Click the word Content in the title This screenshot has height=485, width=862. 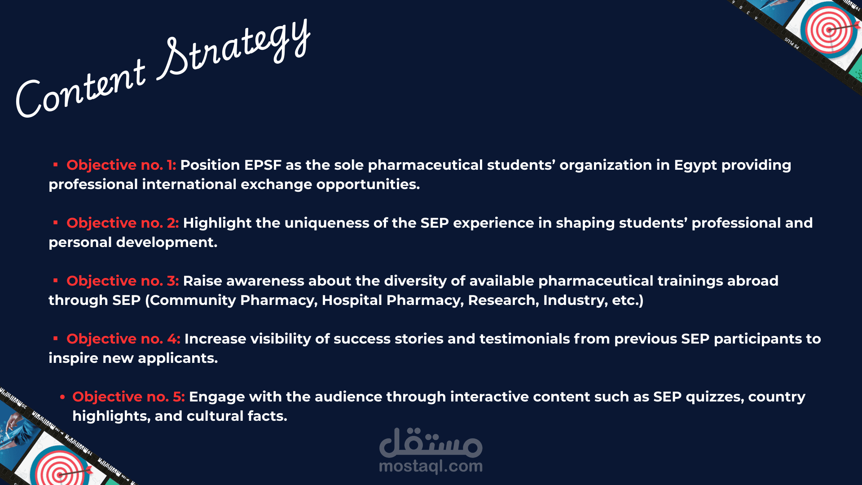[x=81, y=90]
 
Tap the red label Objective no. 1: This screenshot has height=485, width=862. [x=121, y=165]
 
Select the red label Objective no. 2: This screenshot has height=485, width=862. [x=123, y=223]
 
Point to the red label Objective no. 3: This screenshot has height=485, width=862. [x=123, y=281]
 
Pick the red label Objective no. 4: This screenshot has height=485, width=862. [x=123, y=339]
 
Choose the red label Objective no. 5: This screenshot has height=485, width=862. [x=128, y=397]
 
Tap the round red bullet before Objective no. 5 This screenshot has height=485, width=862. [x=62, y=397]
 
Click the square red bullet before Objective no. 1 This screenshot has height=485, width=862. [x=56, y=165]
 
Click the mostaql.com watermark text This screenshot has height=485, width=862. [x=431, y=466]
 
